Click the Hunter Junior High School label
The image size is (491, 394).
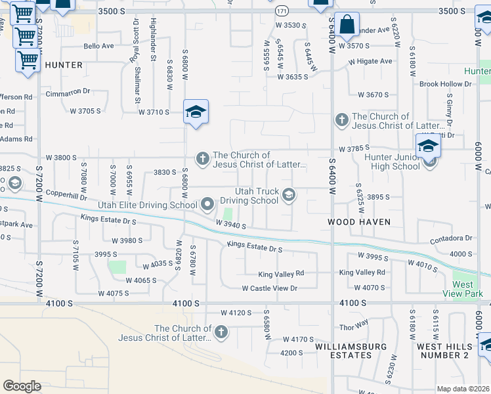(x=392, y=162)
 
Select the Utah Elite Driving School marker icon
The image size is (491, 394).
(x=208, y=205)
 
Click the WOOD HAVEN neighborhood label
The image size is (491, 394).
(x=360, y=222)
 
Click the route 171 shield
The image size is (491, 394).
(x=282, y=11)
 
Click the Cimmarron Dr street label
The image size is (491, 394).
(x=67, y=93)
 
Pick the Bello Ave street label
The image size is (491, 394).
(x=99, y=47)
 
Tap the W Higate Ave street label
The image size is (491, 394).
(x=370, y=61)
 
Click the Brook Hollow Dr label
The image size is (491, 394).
(x=446, y=84)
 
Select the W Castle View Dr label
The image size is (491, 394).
(x=270, y=288)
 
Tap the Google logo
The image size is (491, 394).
(x=22, y=386)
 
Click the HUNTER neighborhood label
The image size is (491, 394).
(x=64, y=65)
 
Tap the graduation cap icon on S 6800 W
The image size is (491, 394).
(x=196, y=113)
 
